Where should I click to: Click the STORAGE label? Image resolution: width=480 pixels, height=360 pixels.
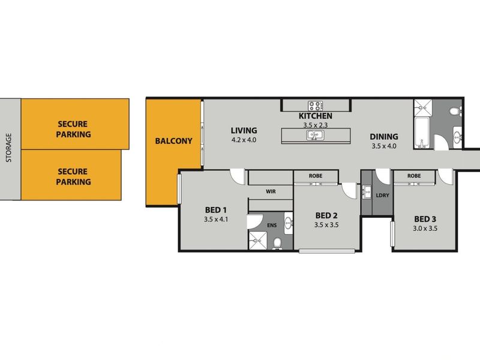8,148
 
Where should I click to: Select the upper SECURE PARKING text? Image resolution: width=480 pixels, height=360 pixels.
74,129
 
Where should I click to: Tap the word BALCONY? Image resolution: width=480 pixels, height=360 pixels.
173,142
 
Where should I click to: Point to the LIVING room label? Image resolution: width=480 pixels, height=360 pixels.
244,130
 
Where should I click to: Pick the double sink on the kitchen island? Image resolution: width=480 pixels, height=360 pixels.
316,135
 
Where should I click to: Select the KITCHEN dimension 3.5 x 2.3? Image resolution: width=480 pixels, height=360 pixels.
316,125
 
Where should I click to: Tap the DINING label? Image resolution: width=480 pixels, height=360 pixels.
385,136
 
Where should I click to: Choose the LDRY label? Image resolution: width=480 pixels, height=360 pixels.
382,196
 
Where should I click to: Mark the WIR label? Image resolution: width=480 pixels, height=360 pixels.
270,192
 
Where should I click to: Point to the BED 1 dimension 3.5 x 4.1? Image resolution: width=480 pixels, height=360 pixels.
216,220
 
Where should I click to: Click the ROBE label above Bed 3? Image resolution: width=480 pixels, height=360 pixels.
413,176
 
